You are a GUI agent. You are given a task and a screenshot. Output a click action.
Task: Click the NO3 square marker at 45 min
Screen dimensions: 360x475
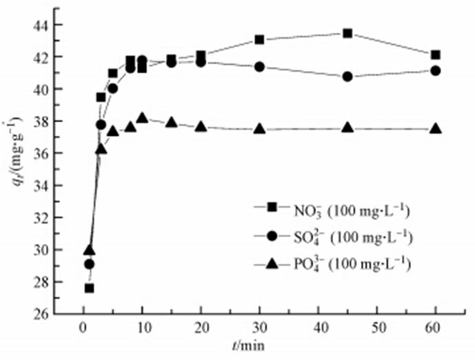pos(347,33)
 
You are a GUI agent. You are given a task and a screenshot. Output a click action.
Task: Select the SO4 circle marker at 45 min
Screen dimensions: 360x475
pos(347,77)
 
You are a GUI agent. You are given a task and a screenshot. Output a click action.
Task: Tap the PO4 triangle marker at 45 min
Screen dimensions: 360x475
pos(347,128)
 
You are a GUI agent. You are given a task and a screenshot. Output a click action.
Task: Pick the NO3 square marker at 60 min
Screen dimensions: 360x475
pos(436,55)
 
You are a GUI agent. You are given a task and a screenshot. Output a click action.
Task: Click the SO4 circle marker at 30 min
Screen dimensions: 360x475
pos(259,67)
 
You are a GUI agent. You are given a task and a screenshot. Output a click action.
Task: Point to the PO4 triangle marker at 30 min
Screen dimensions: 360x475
pos(259,128)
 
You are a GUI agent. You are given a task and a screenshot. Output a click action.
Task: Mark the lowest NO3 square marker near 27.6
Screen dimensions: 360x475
pos(89,288)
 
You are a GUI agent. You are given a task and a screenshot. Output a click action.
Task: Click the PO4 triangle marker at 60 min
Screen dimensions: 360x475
pos(436,128)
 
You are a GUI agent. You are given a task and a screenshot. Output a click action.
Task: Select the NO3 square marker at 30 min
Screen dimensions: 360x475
pos(259,39)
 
